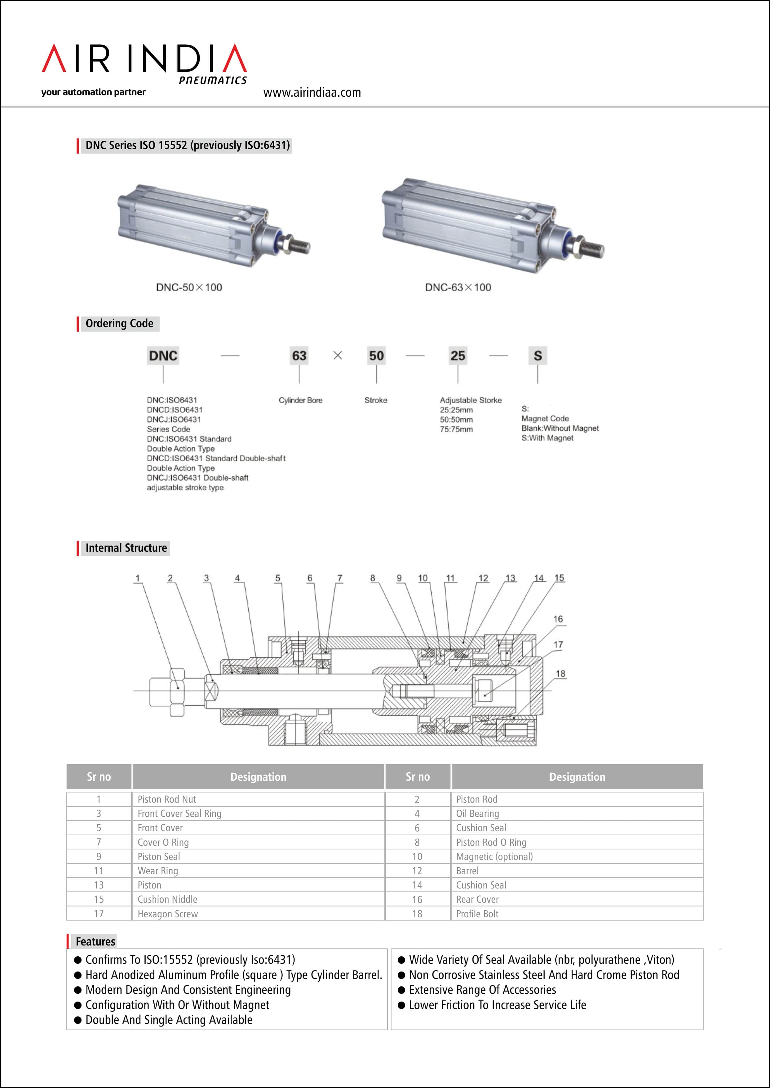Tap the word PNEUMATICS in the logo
click(213, 80)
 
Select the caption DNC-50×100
click(189, 287)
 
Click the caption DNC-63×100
click(458, 287)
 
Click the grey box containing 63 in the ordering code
click(299, 355)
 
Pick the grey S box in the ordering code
click(538, 355)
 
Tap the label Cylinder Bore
click(301, 401)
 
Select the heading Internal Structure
click(126, 548)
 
